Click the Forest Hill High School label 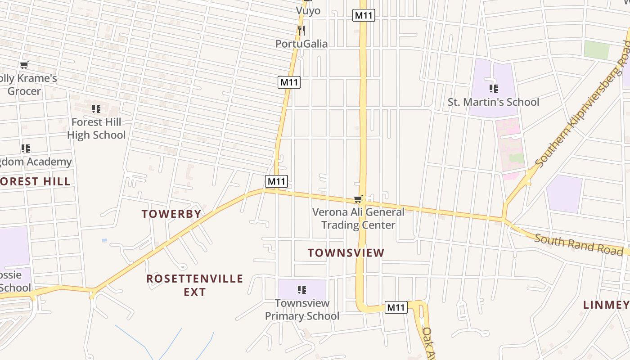point(96,128)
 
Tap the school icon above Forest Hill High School point(96,109)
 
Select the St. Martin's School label point(493,102)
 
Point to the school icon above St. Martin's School point(493,88)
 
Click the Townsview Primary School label point(302,310)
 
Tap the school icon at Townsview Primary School point(302,289)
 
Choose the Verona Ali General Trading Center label point(358,218)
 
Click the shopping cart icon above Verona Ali point(358,199)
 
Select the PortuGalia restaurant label point(301,44)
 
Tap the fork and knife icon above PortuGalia point(301,30)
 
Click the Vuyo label point(308,10)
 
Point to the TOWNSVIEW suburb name point(346,253)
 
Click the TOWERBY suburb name point(171,214)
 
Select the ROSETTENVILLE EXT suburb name point(194,285)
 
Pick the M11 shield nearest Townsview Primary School point(396,307)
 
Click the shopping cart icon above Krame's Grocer point(24,65)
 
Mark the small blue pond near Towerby point(104,241)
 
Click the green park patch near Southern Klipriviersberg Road point(597,49)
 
